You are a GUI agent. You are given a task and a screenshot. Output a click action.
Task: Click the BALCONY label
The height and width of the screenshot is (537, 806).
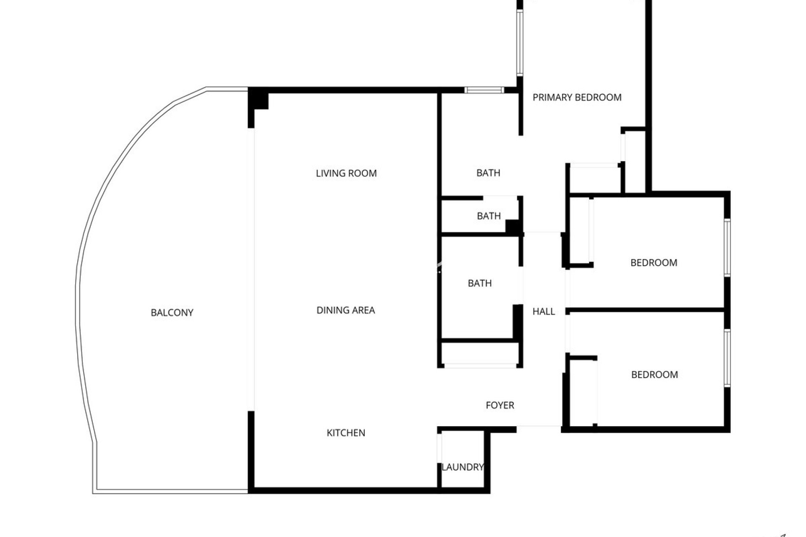[x=172, y=313]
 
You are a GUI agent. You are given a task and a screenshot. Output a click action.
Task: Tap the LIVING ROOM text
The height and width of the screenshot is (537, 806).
[x=346, y=173]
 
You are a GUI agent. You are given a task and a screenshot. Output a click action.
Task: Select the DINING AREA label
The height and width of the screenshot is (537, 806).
[x=345, y=310]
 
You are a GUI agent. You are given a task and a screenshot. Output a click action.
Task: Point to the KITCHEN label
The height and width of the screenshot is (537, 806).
[x=346, y=433]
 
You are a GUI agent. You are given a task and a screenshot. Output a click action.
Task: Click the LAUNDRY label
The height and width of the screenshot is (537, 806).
[x=463, y=467]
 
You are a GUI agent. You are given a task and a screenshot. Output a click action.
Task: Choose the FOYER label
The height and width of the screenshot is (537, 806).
[x=500, y=405]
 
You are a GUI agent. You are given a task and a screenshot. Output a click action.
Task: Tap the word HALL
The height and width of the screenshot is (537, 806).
[x=544, y=311]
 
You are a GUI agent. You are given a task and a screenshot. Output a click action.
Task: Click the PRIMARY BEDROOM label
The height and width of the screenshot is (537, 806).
[x=577, y=97]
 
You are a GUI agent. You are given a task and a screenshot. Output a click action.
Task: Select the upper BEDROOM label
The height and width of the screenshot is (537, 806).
[x=654, y=263]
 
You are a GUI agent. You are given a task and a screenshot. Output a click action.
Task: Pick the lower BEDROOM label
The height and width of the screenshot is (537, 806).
[x=654, y=375]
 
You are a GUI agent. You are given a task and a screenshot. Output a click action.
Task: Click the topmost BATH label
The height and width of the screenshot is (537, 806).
[x=488, y=173]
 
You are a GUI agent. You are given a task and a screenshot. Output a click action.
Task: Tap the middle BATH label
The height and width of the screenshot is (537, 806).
[x=489, y=216]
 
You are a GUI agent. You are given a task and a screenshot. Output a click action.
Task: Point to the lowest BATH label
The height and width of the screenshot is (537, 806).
[x=479, y=283]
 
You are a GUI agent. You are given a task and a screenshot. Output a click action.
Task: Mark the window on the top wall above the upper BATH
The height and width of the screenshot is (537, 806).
[x=484, y=90]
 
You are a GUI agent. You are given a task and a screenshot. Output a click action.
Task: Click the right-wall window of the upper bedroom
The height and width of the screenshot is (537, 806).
[x=727, y=248]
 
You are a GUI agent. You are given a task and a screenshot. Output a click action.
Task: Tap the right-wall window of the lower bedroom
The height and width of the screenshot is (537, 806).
[x=727, y=358]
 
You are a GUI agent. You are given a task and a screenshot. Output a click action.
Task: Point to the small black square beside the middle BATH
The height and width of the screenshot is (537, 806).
[x=513, y=227]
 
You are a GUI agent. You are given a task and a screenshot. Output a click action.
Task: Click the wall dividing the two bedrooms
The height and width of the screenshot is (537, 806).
[x=646, y=310]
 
